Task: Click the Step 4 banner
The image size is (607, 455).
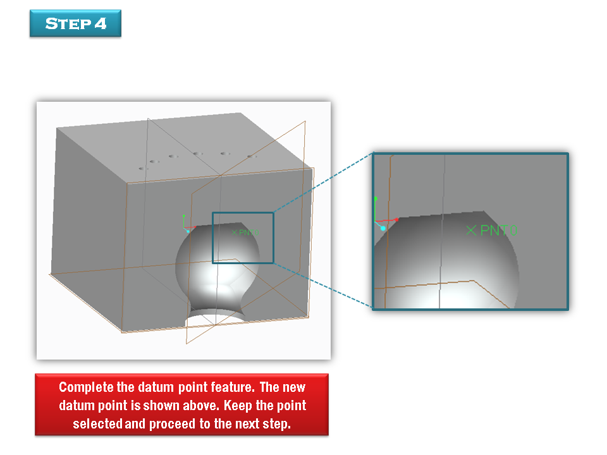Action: pyautogui.click(x=75, y=23)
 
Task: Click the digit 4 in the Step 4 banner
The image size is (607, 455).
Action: pyautogui.click(x=101, y=23)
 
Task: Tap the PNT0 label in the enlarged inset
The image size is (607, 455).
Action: pyautogui.click(x=499, y=231)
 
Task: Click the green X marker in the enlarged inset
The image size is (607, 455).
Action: pyautogui.click(x=471, y=231)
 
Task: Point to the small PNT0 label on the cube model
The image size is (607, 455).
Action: pyautogui.click(x=249, y=233)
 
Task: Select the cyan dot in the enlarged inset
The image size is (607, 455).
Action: pyautogui.click(x=383, y=228)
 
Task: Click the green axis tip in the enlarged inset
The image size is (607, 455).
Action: pyautogui.click(x=376, y=198)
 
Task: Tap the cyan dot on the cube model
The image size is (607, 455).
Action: pyautogui.click(x=188, y=231)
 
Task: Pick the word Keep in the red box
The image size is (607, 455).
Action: pyautogui.click(x=238, y=406)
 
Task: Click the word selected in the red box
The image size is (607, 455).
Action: pyautogui.click(x=97, y=423)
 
